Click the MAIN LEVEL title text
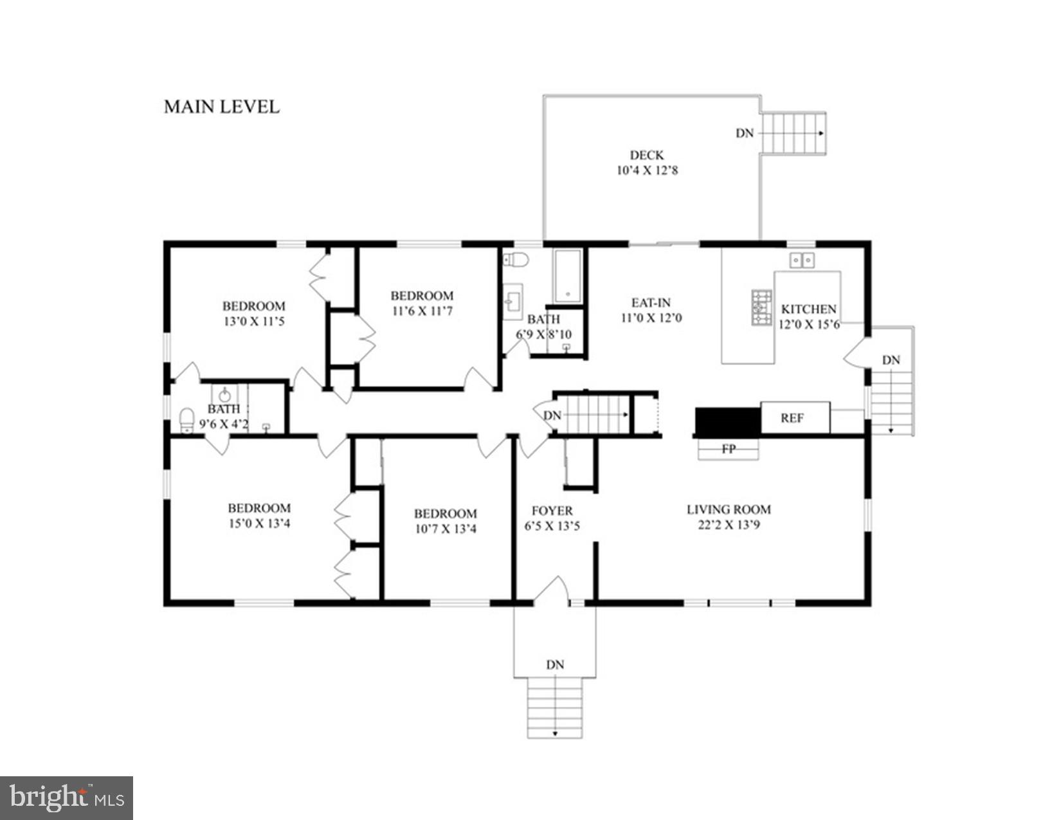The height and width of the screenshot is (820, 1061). [221, 107]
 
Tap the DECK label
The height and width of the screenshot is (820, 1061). [646, 155]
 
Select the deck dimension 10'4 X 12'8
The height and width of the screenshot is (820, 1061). [646, 170]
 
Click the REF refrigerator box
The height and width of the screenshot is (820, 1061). [794, 418]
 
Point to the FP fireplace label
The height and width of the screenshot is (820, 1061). [728, 449]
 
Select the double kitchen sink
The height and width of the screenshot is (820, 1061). [801, 260]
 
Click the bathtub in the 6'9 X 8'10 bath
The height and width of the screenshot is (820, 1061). [568, 277]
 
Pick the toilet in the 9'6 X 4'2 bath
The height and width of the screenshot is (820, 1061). [186, 420]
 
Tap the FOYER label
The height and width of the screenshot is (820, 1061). [552, 511]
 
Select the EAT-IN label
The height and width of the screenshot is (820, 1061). [651, 302]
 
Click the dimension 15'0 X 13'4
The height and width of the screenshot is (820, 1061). [259, 524]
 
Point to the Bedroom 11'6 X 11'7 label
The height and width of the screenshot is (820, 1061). [422, 296]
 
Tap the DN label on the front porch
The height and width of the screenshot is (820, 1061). [554, 664]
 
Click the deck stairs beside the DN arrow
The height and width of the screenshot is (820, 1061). [793, 133]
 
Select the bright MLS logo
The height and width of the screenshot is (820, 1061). [66, 798]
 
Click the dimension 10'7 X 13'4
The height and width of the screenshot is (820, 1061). [445, 529]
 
